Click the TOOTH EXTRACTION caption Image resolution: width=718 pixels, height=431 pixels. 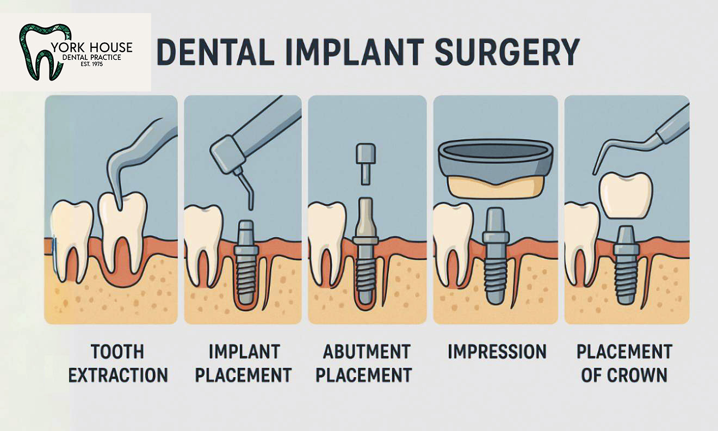coord(118,363)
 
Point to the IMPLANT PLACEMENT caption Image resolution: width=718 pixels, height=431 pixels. coord(243,363)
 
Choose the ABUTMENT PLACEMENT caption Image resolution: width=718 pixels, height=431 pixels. coord(367,363)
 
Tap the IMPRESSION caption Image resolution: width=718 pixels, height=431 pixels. coord(497,352)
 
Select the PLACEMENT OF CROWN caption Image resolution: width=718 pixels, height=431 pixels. coord(624,363)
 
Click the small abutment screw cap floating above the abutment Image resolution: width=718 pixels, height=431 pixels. coord(364,160)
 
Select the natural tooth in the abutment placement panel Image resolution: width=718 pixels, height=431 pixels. coord(327,234)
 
